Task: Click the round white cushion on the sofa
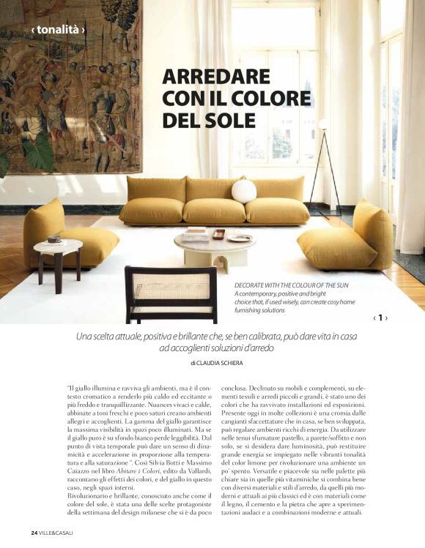point(244,191)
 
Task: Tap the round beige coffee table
point(215,246)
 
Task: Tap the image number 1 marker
point(380,318)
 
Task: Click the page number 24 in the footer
point(34,531)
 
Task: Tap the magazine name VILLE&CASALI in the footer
point(56,531)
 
